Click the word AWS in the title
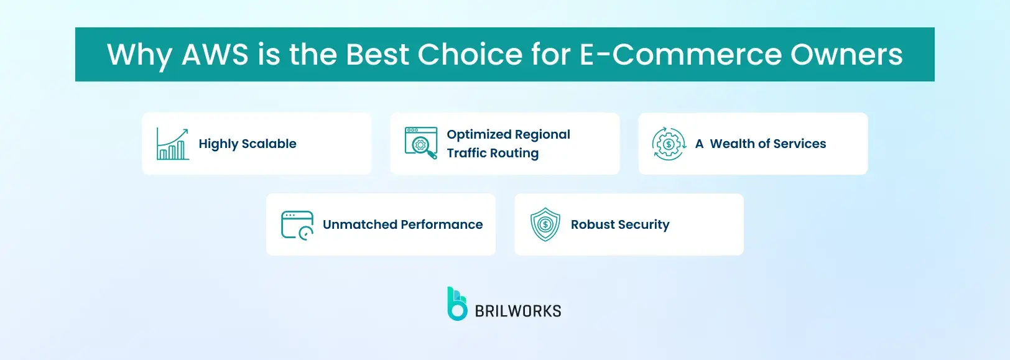(x=215, y=55)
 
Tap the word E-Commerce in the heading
(x=679, y=55)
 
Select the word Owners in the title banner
(x=846, y=55)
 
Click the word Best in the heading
(x=378, y=55)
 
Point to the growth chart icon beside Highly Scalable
(x=172, y=144)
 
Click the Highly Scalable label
(x=248, y=144)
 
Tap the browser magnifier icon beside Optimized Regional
(x=420, y=143)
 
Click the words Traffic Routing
(x=493, y=153)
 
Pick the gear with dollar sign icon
(x=669, y=144)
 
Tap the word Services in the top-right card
(x=799, y=144)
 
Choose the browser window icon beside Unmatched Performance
(x=297, y=224)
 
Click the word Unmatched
(x=360, y=224)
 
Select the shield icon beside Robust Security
(x=545, y=224)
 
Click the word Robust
(x=593, y=224)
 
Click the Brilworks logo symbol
(x=457, y=303)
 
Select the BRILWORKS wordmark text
(x=518, y=311)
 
